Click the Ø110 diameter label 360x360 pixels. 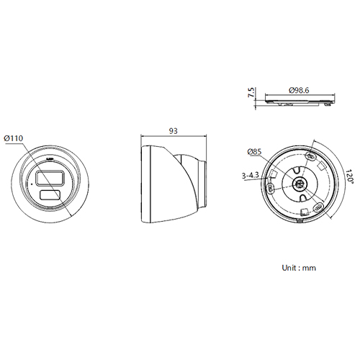(x=15, y=138)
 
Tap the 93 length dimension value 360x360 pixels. (x=173, y=131)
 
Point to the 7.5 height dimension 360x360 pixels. (x=250, y=94)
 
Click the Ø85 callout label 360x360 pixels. (x=253, y=152)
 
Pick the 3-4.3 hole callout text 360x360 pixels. (x=251, y=175)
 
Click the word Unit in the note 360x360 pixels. (x=289, y=267)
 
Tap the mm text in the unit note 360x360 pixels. (x=310, y=267)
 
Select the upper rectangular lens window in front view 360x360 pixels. (x=49, y=177)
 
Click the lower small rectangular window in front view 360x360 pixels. (x=50, y=194)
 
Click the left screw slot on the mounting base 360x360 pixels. (x=270, y=188)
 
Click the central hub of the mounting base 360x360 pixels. (x=299, y=184)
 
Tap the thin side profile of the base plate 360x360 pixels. (x=299, y=101)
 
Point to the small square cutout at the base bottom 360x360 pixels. (x=305, y=212)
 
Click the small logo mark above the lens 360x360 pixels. (x=50, y=155)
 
